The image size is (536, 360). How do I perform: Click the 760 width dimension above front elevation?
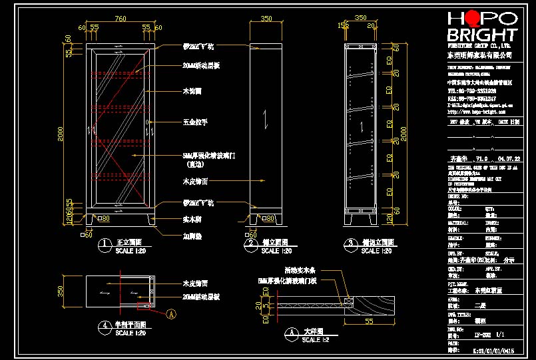click(121, 19)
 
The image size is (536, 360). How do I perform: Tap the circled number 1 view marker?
click(104, 245)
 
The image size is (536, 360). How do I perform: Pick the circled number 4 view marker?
click(104, 326)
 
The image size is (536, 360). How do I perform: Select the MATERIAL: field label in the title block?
click(458, 222)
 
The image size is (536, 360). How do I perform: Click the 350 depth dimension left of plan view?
click(61, 291)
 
